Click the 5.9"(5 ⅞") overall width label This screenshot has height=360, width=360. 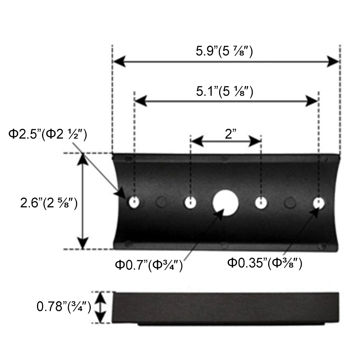point(224,51)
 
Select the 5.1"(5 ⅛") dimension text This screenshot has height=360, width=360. point(225,91)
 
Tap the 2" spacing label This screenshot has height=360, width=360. point(230,134)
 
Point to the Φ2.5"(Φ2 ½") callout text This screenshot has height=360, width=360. point(48,134)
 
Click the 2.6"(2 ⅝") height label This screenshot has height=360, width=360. point(49,203)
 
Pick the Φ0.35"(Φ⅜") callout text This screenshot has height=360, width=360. point(265,263)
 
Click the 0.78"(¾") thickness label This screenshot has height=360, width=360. point(64,307)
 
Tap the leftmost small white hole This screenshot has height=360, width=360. point(134,202)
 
